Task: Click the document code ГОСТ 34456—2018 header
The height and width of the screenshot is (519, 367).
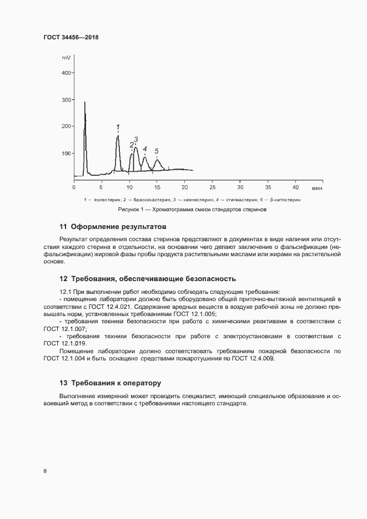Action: tap(71, 37)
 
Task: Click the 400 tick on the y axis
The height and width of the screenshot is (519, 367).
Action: tap(67, 73)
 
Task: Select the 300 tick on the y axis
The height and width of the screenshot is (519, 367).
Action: tap(67, 100)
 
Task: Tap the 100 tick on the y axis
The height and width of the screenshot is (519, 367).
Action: tap(67, 153)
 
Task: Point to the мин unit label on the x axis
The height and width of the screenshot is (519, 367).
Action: tap(317, 188)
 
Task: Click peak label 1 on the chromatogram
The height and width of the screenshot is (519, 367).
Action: tap(118, 128)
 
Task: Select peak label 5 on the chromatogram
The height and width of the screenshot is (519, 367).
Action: tap(157, 151)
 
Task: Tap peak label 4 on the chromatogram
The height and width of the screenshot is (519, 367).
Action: tap(145, 149)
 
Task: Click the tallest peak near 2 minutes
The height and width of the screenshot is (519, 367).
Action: tap(85, 103)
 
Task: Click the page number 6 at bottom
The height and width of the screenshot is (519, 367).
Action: tap(45, 471)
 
